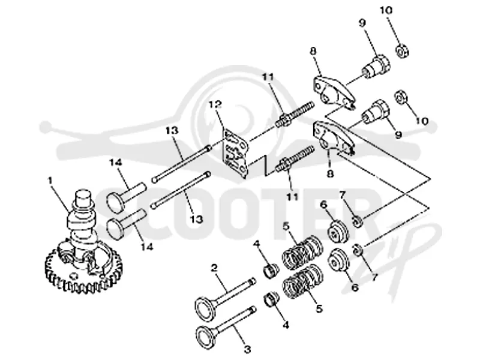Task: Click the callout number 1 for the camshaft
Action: pyautogui.click(x=50, y=181)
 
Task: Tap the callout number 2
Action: pyautogui.click(x=214, y=268)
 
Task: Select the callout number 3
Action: pyautogui.click(x=247, y=349)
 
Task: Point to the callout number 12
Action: pyautogui.click(x=215, y=105)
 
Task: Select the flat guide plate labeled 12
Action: pyautogui.click(x=235, y=153)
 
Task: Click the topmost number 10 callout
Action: pyautogui.click(x=386, y=10)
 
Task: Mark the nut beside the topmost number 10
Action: pyautogui.click(x=402, y=50)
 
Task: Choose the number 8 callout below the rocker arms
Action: pyautogui.click(x=330, y=174)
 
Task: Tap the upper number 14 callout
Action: pyautogui.click(x=116, y=162)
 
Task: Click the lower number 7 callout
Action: pyautogui.click(x=374, y=277)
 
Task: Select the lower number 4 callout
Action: pyautogui.click(x=286, y=325)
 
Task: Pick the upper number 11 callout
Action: pyautogui.click(x=268, y=77)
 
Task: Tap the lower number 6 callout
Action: pyautogui.click(x=355, y=287)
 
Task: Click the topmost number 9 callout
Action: pyautogui.click(x=362, y=23)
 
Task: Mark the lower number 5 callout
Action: pyautogui.click(x=319, y=308)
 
